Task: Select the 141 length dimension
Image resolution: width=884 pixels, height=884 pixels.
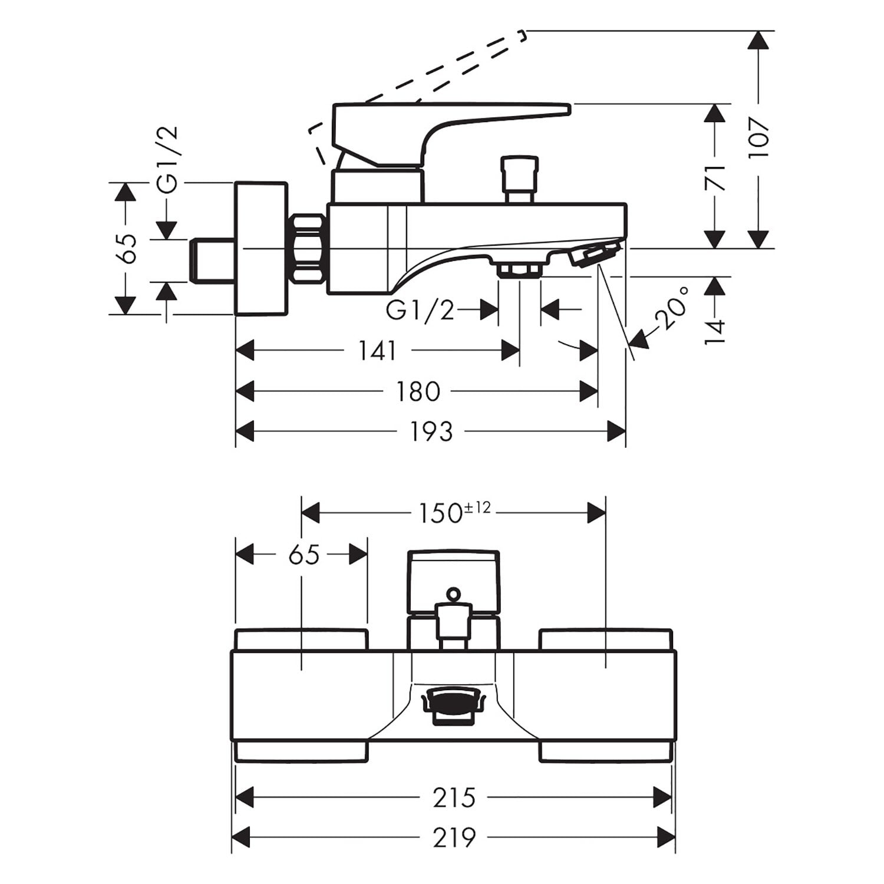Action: (378, 351)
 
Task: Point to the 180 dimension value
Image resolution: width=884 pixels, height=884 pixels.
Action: (418, 392)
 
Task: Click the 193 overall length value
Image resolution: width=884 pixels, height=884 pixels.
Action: (431, 432)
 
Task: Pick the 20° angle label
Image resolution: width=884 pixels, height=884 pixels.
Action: (674, 307)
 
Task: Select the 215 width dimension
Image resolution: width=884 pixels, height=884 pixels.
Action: (454, 798)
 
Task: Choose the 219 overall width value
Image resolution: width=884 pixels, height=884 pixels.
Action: (454, 837)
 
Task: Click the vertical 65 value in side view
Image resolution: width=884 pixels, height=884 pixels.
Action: (126, 248)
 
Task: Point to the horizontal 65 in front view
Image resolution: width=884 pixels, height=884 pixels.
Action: (304, 555)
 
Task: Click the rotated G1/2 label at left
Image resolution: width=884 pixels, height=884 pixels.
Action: (168, 160)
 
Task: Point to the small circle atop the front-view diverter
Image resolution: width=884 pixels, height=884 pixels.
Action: (453, 593)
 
